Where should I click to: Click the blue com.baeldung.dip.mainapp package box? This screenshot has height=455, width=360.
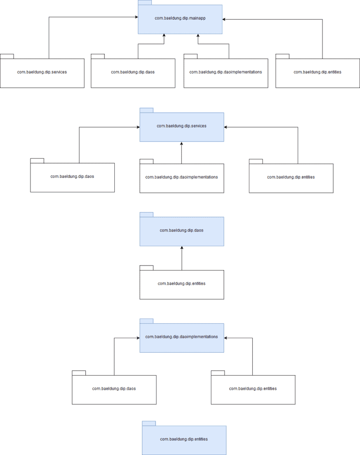[x=180, y=19]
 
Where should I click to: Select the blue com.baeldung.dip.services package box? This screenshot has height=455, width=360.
[x=182, y=127]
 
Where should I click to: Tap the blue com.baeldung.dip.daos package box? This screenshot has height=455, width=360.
[x=182, y=231]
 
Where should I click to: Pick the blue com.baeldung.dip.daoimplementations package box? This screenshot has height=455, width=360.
[x=182, y=337]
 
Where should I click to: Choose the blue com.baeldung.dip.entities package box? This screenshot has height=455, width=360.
[x=184, y=440]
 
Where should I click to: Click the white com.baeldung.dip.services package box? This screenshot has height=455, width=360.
[x=42, y=73]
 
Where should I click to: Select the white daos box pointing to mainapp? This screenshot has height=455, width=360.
[x=133, y=73]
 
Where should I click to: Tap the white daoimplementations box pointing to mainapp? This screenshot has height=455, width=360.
[x=226, y=73]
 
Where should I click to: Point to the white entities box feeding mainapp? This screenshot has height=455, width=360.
[x=317, y=73]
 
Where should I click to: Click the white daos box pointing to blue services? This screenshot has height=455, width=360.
[x=73, y=177]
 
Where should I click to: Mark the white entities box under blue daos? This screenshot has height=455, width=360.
[x=182, y=284]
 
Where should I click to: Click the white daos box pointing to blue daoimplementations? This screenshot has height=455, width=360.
[x=114, y=389]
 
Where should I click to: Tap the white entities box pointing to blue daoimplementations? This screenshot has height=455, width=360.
[x=253, y=389]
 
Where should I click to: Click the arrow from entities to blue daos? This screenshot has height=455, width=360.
[x=182, y=258]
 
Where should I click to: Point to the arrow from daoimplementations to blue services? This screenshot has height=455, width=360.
[x=182, y=152]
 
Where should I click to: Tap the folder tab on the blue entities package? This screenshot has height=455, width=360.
[x=149, y=423]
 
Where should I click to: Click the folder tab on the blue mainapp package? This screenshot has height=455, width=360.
[x=144, y=2]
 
